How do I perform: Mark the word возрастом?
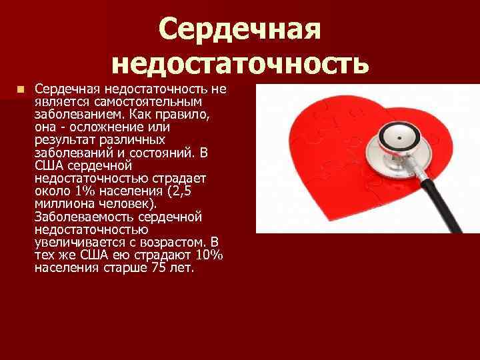[173, 242]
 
